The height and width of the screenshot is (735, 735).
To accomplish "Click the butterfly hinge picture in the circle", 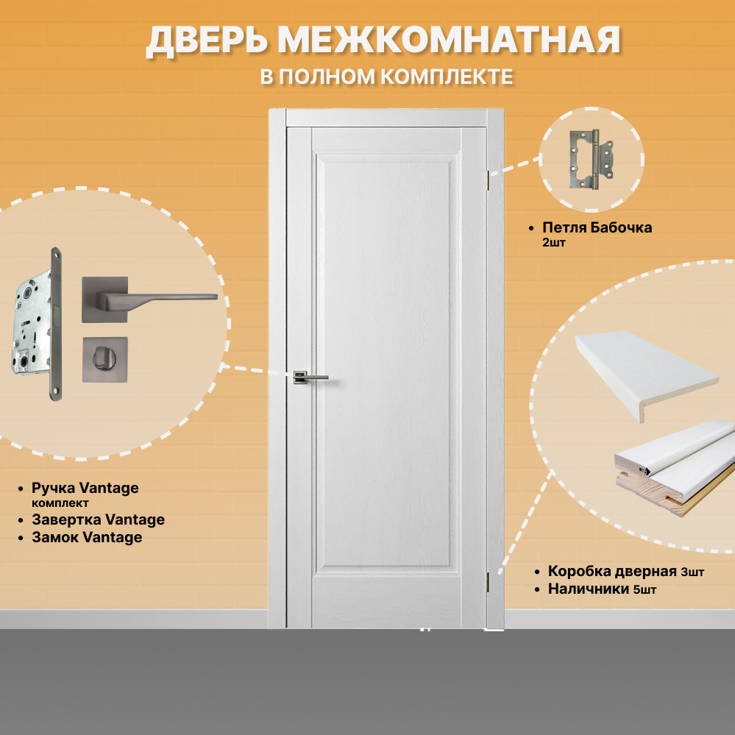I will (591, 160).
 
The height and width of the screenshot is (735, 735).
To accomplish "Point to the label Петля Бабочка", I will (597, 227).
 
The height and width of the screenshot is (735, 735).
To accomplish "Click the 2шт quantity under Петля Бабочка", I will (553, 243).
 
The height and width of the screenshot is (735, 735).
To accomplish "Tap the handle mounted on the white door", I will (310, 377).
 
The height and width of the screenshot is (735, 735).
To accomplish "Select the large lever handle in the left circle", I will (147, 297).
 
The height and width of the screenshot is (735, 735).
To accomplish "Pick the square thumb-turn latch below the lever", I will (104, 359).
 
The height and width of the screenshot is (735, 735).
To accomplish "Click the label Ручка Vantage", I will (85, 488).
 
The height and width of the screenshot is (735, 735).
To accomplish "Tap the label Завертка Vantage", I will (98, 520).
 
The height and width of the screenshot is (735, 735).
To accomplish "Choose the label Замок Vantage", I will (87, 538).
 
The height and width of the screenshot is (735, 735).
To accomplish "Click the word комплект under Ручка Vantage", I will (60, 504).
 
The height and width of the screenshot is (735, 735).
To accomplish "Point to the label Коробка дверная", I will (612, 571).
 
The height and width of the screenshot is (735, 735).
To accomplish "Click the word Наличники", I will (589, 589).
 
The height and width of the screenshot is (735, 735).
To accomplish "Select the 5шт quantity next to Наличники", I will (645, 589).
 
